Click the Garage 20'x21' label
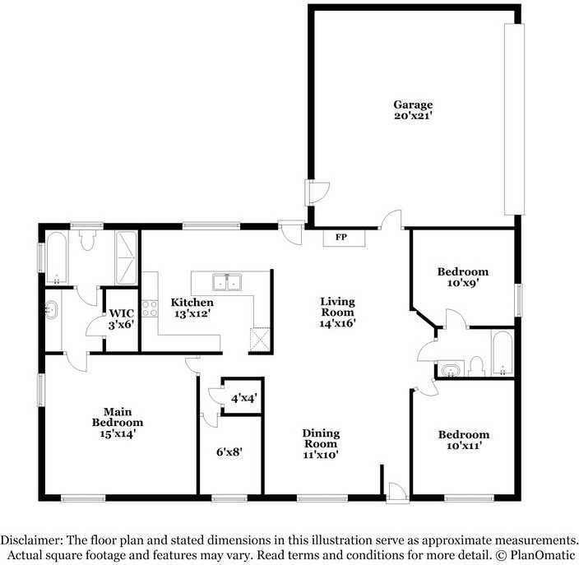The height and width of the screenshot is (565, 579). click(x=412, y=110)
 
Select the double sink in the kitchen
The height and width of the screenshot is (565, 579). click(x=227, y=283)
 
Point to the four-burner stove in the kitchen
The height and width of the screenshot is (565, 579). click(x=150, y=309)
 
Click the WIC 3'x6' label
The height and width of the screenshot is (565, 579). click(x=122, y=319)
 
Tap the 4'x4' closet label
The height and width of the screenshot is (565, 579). click(x=243, y=398)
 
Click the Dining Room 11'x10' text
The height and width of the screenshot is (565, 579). click(x=320, y=443)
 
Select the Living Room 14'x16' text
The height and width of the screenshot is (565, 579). click(x=337, y=312)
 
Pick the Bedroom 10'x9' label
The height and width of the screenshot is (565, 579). click(x=462, y=277)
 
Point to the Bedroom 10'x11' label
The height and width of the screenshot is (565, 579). click(x=463, y=440)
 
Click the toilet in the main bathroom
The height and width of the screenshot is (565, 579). click(x=88, y=239)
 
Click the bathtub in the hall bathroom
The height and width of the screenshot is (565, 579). click(x=501, y=354)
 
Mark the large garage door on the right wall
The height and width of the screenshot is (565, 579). click(x=514, y=119)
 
